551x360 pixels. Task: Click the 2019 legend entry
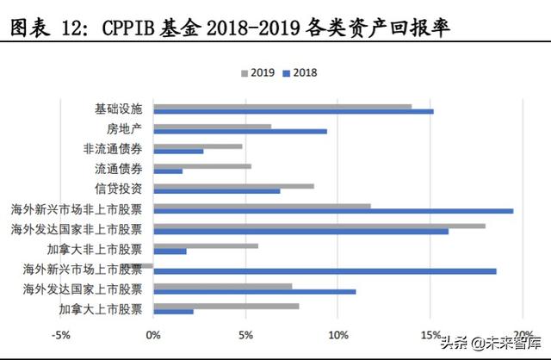[x=257, y=72]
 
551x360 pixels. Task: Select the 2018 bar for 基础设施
[x=293, y=112]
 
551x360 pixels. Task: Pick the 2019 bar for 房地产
[x=212, y=127]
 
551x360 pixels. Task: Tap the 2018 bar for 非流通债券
[x=178, y=151]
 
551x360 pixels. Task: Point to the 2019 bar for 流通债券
[x=202, y=166]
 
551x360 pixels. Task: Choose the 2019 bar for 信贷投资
[x=233, y=186]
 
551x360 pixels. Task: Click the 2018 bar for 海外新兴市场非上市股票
[x=333, y=210]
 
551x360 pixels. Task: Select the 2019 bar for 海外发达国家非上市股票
[x=319, y=226]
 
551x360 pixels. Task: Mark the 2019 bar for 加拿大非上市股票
[x=206, y=245]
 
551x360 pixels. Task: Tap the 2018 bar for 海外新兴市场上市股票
[x=325, y=270]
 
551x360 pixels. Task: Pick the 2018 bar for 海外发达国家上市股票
[x=254, y=291]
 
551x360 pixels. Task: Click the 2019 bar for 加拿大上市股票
[x=226, y=306]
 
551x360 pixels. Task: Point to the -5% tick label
[x=61, y=334]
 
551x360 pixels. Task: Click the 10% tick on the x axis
[x=338, y=334]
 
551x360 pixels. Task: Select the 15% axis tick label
[x=430, y=334]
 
